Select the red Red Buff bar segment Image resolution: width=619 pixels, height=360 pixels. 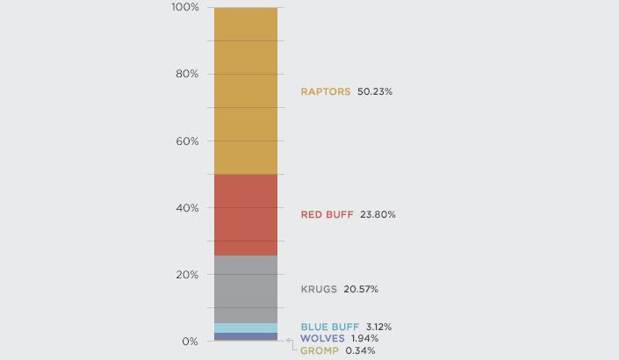245,214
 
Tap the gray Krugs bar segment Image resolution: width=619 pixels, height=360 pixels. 245,289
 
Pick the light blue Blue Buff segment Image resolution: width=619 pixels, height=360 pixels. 245,328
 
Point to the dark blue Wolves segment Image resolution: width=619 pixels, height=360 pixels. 245,336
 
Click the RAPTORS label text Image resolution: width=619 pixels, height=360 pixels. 326,91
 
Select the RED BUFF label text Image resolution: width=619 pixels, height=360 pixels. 327,214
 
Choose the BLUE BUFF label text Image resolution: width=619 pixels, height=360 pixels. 329,327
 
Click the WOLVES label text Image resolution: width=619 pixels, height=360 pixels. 321,338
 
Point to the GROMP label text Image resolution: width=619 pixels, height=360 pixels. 319,350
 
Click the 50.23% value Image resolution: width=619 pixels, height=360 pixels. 375,91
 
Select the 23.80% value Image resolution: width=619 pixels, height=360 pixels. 378,214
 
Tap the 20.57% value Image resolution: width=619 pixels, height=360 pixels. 361,289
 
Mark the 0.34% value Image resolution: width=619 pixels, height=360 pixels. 361,350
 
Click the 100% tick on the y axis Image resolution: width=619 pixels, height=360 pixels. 185,7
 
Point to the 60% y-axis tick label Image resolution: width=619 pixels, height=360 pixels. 187,140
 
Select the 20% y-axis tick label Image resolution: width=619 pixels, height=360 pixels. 187,275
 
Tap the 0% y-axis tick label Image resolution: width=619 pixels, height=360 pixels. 190,342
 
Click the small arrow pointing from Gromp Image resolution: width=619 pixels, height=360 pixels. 291,344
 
